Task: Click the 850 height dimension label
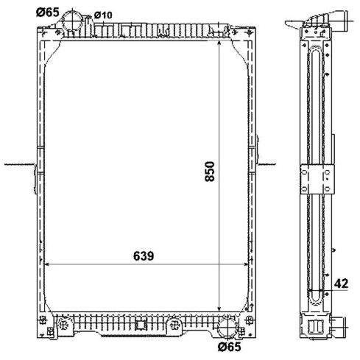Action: [x=210, y=172]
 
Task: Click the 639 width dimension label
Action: [x=144, y=256]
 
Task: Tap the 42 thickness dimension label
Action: [x=342, y=283]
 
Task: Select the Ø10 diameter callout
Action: [x=103, y=15]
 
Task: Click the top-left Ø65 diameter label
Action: [x=48, y=13]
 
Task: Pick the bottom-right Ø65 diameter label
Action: [x=230, y=347]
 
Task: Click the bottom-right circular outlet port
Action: [x=227, y=328]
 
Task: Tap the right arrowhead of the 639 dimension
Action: [x=245, y=264]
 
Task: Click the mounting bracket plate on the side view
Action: [x=317, y=179]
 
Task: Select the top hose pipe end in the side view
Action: [x=343, y=21]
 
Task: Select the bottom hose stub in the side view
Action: [x=338, y=327]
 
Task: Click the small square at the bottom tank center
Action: [x=141, y=325]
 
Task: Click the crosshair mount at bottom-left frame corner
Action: [x=43, y=320]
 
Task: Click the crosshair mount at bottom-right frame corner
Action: [x=250, y=320]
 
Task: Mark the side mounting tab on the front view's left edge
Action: [x=35, y=179]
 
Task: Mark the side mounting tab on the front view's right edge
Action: [x=258, y=149]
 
